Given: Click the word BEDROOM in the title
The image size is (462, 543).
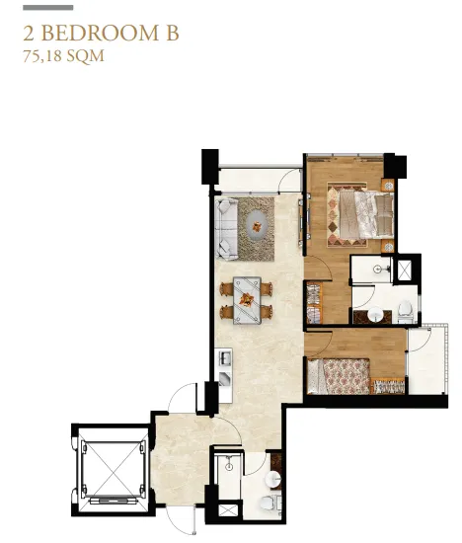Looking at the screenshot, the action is point(100,34).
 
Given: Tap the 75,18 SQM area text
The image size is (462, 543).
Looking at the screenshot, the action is point(64,56).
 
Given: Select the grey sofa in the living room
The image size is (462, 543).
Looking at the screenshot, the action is point(226,228).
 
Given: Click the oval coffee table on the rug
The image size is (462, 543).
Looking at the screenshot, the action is point(257,226).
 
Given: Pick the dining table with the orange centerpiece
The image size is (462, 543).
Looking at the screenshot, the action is point(247,300).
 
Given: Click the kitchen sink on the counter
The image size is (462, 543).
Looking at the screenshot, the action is point(225,357).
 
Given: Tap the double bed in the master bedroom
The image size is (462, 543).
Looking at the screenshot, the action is point(366,215).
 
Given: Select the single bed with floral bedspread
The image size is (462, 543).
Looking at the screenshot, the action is point(339,376).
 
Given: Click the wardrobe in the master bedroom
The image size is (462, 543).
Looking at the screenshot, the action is point(314,303).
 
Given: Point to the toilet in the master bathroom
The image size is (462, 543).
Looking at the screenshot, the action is point(405,311).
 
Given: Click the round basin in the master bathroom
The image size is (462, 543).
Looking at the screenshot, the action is point(375,315).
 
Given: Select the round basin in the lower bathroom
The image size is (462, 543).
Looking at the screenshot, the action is point(273,479).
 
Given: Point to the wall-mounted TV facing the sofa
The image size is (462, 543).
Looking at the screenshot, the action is point(303,220).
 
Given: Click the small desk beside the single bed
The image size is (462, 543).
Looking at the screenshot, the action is point(388,386).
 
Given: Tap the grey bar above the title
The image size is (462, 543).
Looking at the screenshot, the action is point(48,8).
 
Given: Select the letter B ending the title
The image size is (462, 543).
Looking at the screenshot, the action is point(172,34).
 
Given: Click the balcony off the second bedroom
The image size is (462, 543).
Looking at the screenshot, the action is point(427,360).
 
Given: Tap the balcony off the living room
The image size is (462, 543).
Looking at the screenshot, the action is point(260,180).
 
